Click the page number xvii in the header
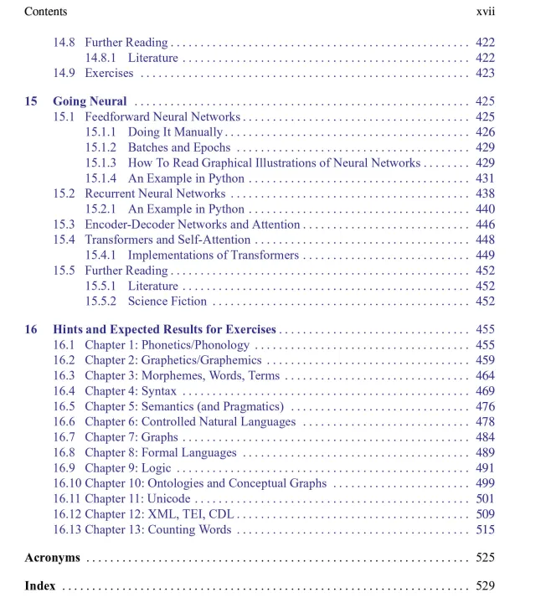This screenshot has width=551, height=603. (485, 12)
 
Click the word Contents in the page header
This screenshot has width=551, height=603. (46, 12)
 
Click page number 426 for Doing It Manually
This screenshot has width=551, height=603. (485, 132)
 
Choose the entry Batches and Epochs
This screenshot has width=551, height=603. (178, 147)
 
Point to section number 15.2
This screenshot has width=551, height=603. (64, 193)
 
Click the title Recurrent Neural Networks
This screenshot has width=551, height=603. (155, 193)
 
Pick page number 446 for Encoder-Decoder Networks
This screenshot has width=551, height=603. (485, 224)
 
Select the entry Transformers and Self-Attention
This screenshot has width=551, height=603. (167, 240)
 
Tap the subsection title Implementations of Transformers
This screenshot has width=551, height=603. (213, 255)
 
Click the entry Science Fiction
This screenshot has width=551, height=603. (167, 301)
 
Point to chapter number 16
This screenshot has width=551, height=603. (31, 330)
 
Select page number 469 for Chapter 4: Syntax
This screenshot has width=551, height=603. (485, 391)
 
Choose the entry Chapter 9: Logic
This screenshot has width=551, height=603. (127, 468)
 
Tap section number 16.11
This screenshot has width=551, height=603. (67, 499)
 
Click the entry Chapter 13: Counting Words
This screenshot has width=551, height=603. (157, 529)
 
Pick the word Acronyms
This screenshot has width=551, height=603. (52, 558)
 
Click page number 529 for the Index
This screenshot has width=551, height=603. (485, 586)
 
